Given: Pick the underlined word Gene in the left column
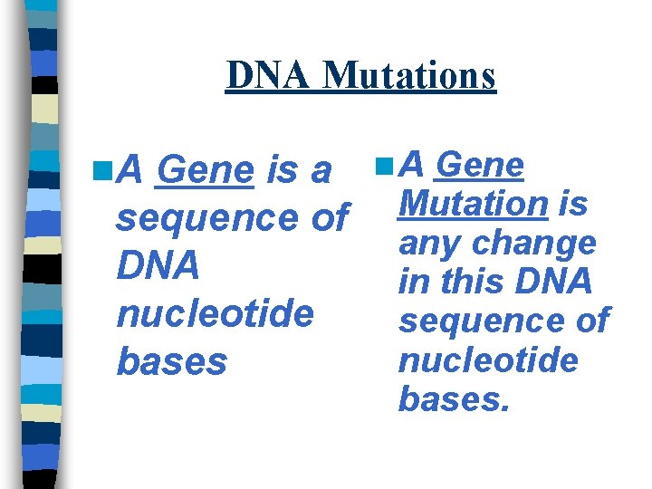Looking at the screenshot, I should click(x=204, y=170).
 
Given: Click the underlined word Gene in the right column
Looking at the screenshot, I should click(x=480, y=165).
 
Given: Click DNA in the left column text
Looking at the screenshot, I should click(x=158, y=265).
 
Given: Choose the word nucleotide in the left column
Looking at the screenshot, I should click(x=216, y=313).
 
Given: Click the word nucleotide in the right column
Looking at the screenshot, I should click(x=488, y=360).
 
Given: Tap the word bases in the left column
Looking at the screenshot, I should click(x=172, y=361).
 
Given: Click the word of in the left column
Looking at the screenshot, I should click(x=328, y=218).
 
